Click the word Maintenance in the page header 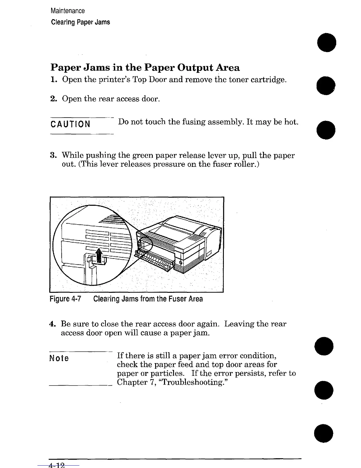[68, 11]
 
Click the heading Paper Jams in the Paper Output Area [145, 68]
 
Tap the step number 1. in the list [53, 80]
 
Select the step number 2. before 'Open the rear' [53, 99]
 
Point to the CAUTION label [70, 124]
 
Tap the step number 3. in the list [53, 155]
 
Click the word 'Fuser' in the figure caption [178, 299]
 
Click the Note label [59, 359]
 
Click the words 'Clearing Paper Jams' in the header [81, 22]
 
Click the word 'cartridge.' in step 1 [270, 80]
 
